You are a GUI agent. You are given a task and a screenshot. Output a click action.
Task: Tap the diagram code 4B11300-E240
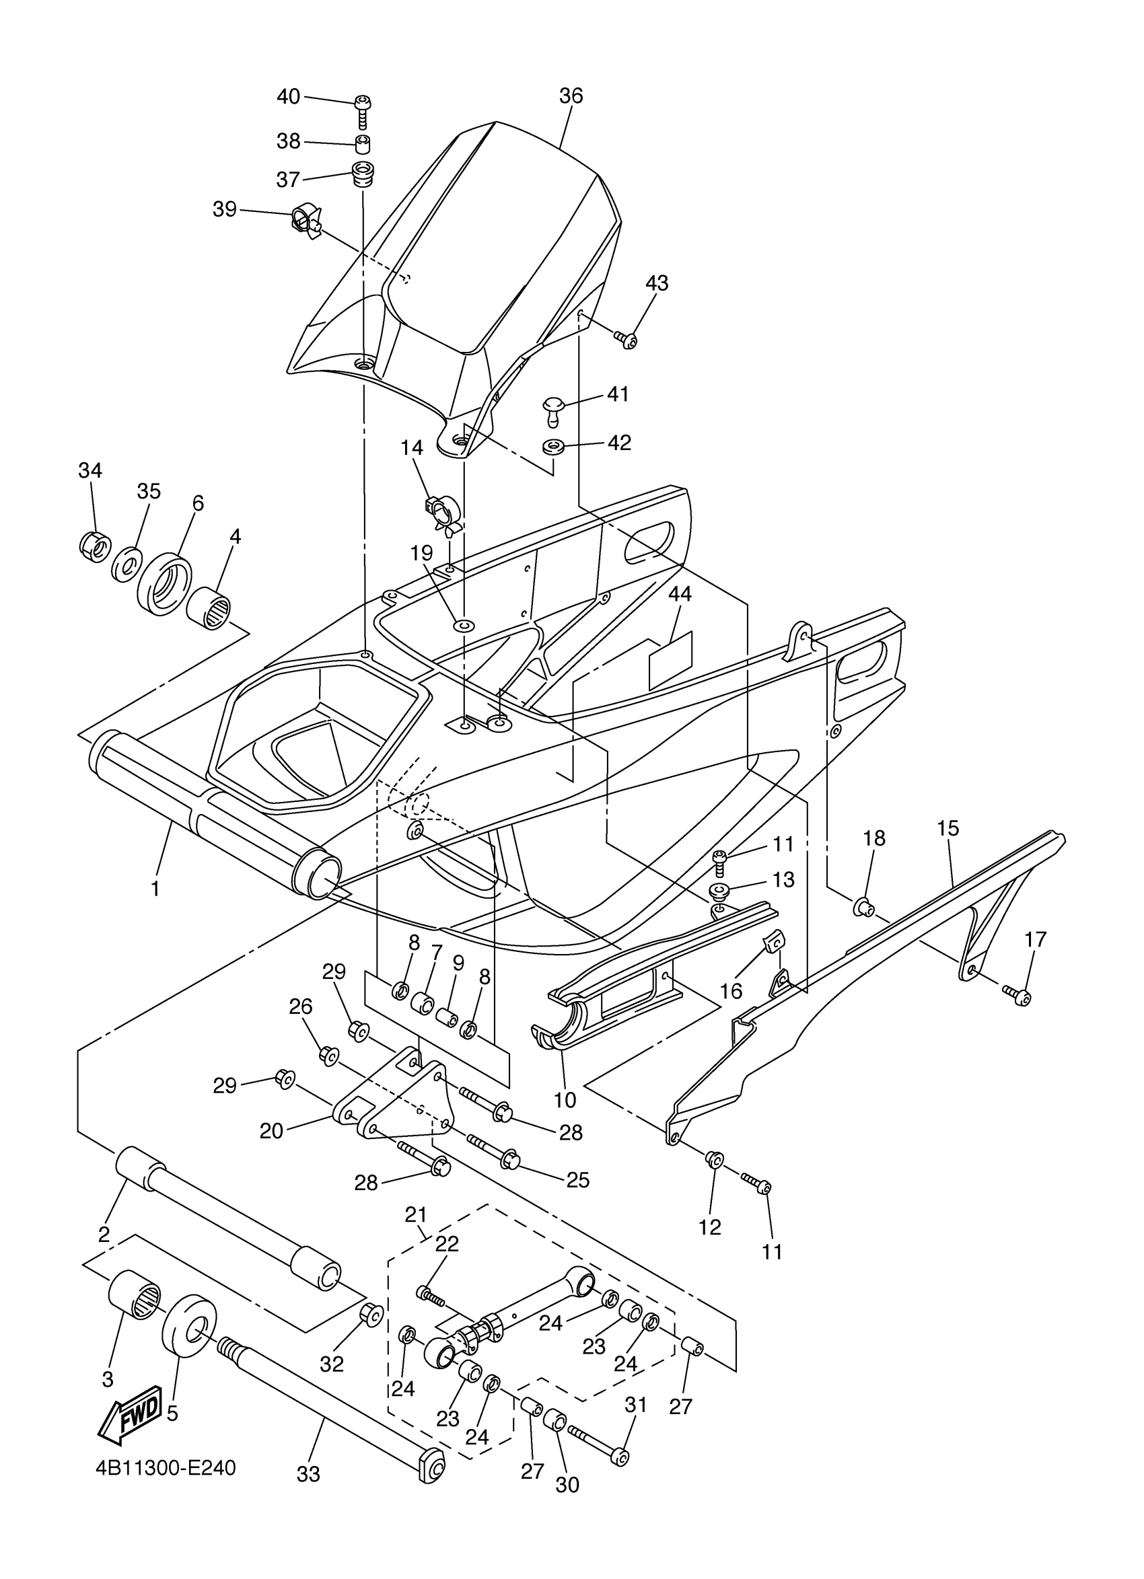[166, 1468]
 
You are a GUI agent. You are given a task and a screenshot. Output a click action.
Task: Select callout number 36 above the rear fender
[570, 96]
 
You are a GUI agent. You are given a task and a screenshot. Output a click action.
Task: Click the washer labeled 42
[555, 444]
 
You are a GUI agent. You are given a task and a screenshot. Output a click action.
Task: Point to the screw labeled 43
[626, 340]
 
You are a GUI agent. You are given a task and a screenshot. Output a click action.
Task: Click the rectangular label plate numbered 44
[670, 660]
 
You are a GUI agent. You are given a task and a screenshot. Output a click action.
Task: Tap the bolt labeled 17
[1017, 996]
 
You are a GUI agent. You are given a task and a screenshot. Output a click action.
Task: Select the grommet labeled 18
[863, 907]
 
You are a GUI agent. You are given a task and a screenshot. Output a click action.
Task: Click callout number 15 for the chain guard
[948, 828]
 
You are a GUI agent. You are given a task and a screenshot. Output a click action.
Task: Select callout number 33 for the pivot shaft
[308, 1473]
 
